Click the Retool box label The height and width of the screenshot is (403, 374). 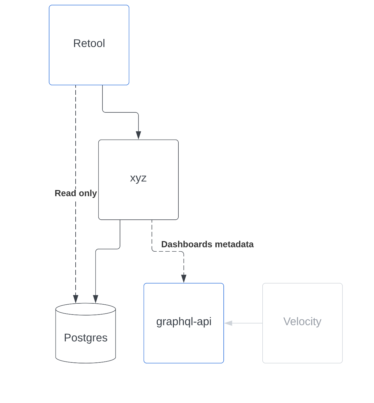pyautogui.click(x=89, y=43)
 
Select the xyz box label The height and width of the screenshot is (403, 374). pyautogui.click(x=138, y=178)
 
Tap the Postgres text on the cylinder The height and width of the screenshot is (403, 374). pyautogui.click(x=86, y=338)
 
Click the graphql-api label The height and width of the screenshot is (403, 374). pyautogui.click(x=184, y=322)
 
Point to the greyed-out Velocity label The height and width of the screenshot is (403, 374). pyautogui.click(x=302, y=322)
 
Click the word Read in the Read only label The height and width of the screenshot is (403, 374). pyautogui.click(x=65, y=193)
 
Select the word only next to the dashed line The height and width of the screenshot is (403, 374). pyautogui.click(x=88, y=193)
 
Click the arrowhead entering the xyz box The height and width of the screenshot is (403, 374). pyautogui.click(x=138, y=135)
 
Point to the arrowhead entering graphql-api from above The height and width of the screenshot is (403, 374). pyautogui.click(x=184, y=279)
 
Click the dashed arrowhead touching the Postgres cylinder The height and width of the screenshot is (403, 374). pyautogui.click(x=76, y=299)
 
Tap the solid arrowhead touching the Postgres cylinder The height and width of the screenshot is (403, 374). pyautogui.click(x=95, y=299)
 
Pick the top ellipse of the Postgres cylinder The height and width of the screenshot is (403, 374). pyautogui.click(x=86, y=309)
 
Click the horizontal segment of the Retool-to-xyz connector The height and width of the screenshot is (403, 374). pyautogui.click(x=121, y=112)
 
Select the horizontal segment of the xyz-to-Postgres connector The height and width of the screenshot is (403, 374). pyautogui.click(x=108, y=249)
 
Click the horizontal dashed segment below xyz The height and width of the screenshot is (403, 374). pyautogui.click(x=168, y=251)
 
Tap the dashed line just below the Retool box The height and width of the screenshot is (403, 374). pyautogui.click(x=76, y=96)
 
